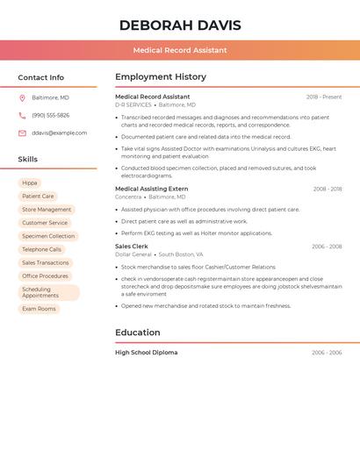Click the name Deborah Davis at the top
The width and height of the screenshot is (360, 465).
180,25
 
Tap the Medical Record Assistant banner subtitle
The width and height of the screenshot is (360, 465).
180,50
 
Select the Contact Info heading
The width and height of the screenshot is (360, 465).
40,77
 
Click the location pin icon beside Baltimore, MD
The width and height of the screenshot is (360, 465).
22,97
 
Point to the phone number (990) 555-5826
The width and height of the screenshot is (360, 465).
50,115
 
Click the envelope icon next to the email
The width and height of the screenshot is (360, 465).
22,133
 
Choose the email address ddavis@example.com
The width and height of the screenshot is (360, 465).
59,133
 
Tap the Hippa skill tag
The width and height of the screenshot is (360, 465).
30,183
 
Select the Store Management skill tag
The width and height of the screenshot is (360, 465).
47,210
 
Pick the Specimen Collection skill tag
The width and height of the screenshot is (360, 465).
48,236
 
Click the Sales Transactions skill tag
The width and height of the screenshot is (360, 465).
45,262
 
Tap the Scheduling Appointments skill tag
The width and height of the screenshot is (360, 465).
48,292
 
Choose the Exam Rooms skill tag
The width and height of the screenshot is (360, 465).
39,309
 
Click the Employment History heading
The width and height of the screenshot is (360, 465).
161,77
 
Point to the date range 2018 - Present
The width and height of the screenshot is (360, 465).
324,97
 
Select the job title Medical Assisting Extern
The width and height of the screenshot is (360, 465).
151,189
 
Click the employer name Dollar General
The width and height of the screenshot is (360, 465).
133,254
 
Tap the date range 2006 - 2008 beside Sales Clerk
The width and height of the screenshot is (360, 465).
327,247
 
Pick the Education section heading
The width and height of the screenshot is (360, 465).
138,333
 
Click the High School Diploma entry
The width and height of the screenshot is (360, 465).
146,353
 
